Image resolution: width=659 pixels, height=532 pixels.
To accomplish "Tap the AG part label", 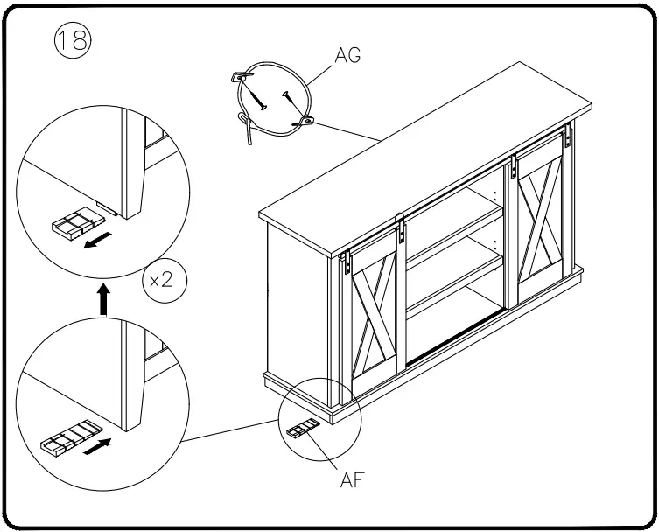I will coord(347,55).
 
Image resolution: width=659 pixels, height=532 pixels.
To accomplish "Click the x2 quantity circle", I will coord(165,283).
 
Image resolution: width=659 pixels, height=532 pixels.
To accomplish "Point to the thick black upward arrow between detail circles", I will coord(103,300).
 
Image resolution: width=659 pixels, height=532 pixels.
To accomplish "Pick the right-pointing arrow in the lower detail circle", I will coord(102,444).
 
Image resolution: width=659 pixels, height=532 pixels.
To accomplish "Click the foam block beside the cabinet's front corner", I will coord(302,429).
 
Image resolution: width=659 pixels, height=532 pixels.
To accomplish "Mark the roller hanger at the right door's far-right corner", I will coord(568,136).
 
